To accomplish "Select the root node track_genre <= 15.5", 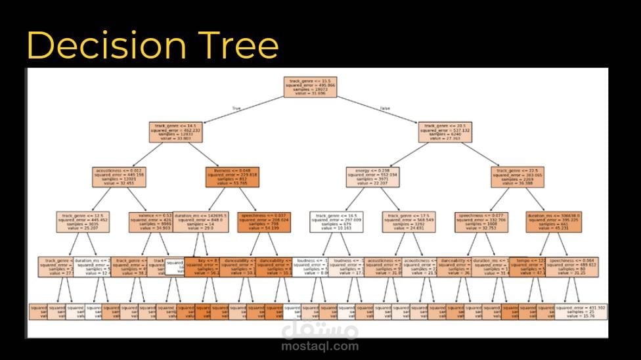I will click(310, 87).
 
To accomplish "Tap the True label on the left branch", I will click(236, 107).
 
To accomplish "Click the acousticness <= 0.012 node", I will click(117, 177).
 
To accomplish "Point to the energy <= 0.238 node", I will click(372, 177).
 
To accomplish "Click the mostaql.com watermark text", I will click(320, 346).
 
